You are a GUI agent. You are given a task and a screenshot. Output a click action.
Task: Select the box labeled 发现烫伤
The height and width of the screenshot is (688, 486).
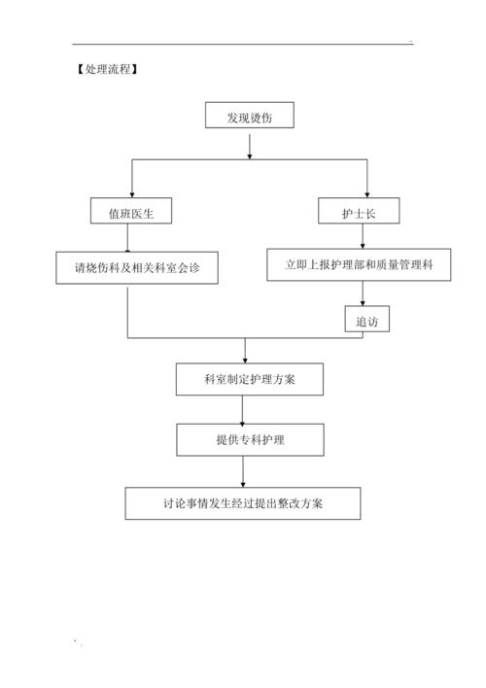point(250,117)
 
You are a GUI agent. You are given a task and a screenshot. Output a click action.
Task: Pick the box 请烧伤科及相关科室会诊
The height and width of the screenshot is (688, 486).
point(135,266)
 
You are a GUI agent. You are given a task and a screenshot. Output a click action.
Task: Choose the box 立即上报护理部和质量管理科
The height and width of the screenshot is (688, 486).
point(359,264)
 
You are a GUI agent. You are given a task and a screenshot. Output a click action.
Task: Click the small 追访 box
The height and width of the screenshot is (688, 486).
point(366,320)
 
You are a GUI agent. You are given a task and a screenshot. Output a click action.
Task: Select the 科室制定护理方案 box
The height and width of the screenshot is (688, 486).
point(249,379)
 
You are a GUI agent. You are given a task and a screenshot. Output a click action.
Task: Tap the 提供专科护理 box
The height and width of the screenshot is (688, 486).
point(249,439)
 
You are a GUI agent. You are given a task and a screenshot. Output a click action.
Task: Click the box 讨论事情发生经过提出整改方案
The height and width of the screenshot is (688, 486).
point(243,502)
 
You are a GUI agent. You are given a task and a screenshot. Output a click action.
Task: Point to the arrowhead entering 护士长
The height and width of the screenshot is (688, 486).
point(366,193)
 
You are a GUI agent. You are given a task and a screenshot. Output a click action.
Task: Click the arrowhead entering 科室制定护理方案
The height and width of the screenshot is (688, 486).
point(245,359)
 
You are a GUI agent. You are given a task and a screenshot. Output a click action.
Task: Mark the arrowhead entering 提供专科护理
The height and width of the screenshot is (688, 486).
point(242,419)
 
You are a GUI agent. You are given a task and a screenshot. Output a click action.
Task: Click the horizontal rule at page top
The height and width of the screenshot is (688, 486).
point(243,44)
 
